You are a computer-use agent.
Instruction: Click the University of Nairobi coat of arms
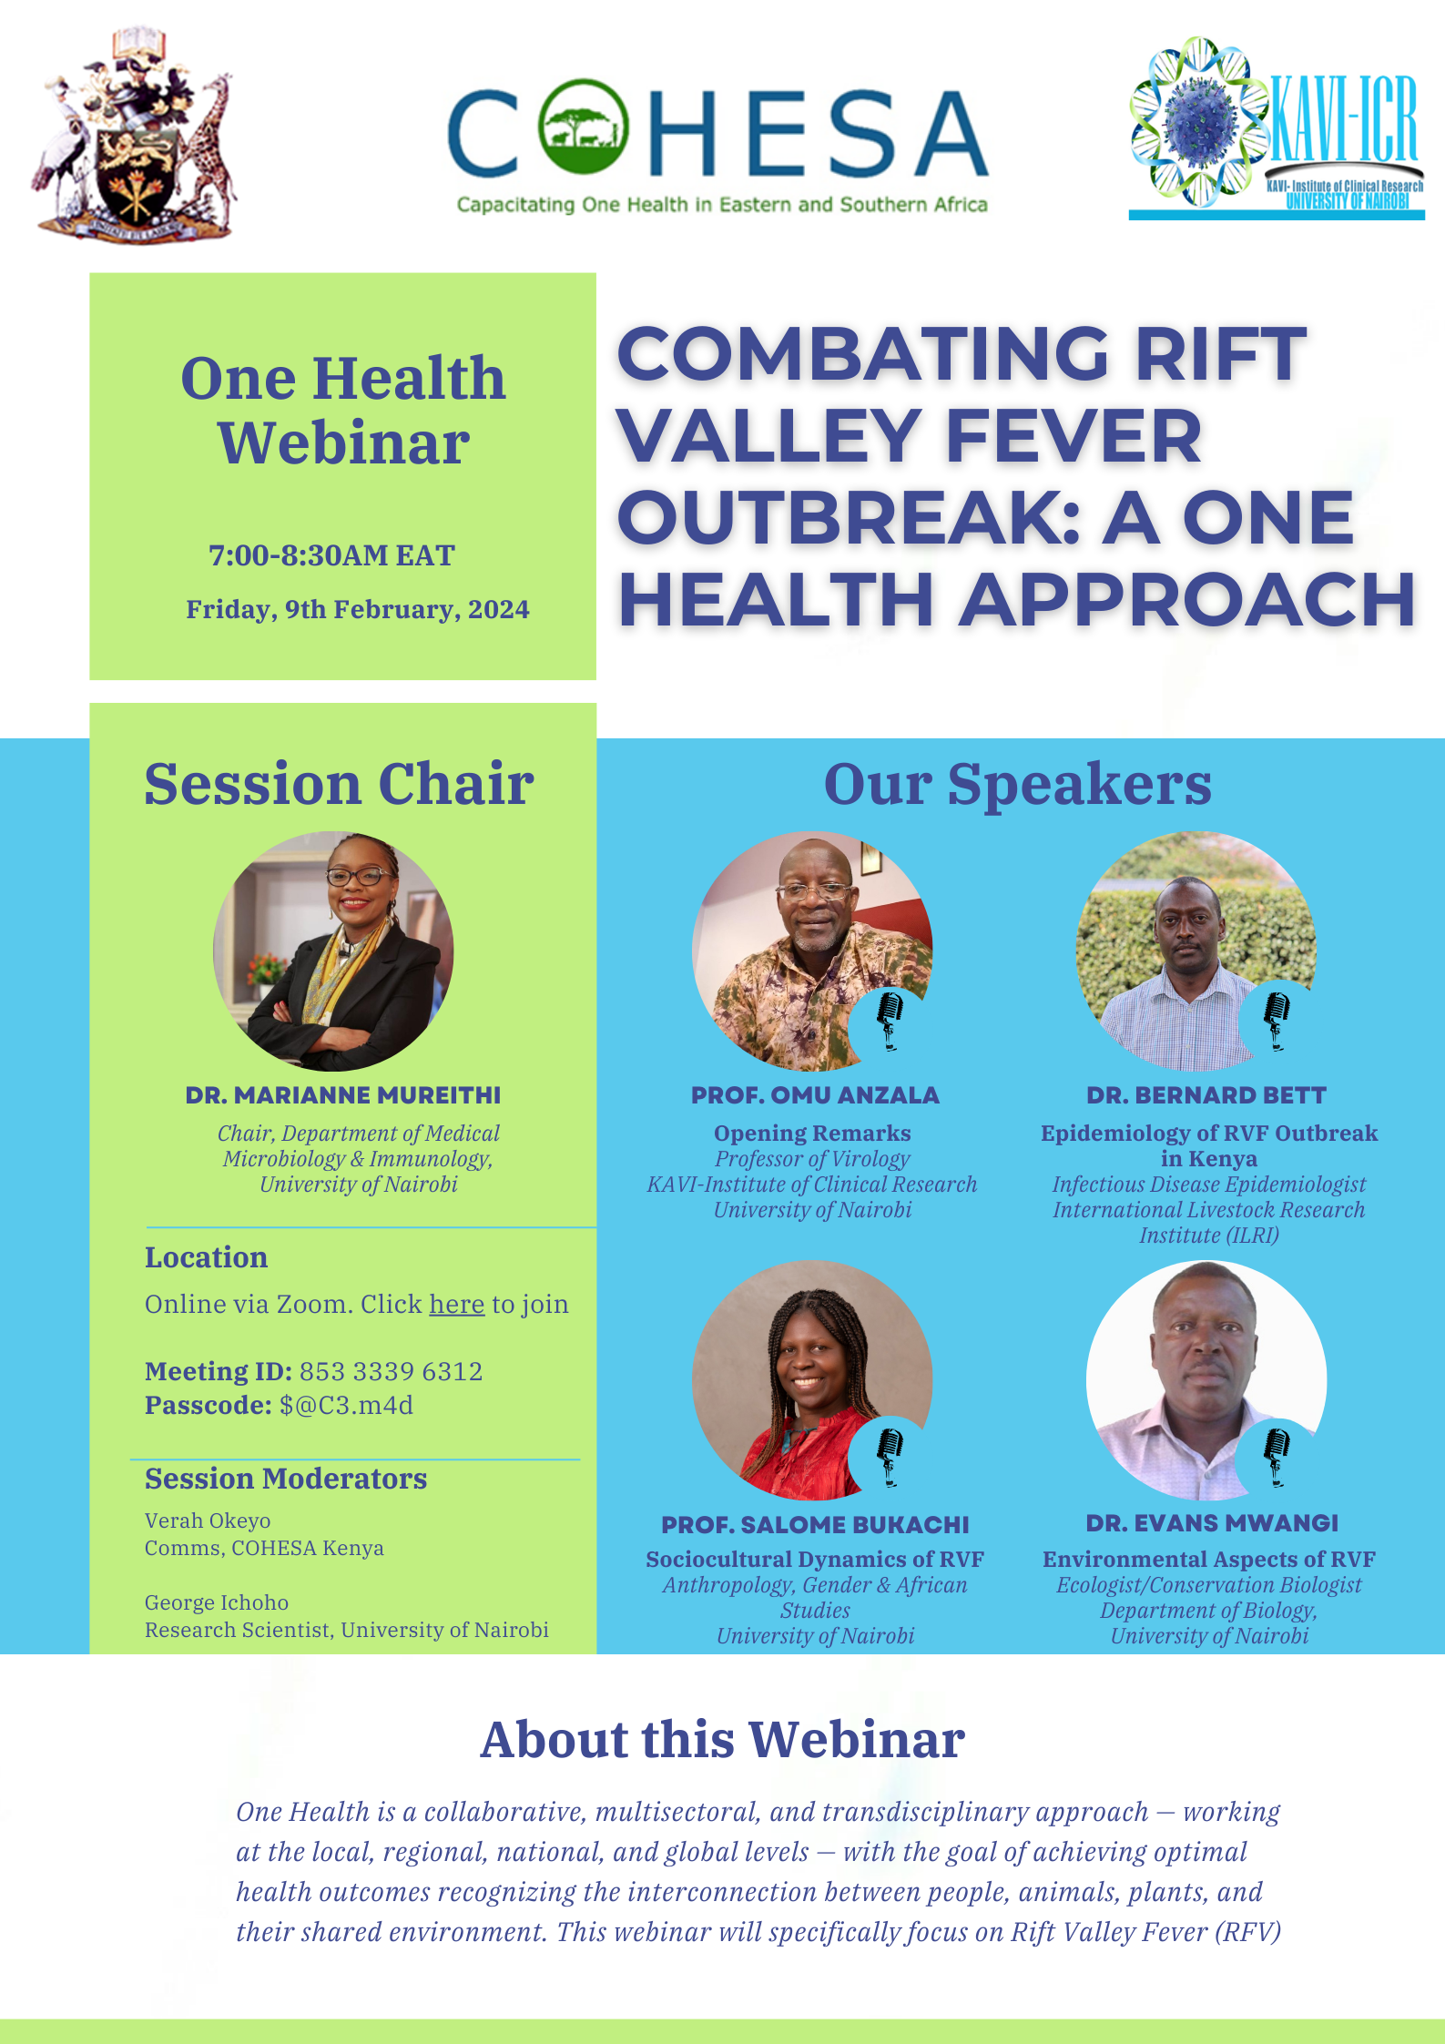[x=134, y=134]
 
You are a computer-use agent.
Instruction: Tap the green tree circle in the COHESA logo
[x=583, y=127]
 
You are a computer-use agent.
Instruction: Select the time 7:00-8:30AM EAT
[x=331, y=555]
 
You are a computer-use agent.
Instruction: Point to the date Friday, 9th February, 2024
[x=357, y=609]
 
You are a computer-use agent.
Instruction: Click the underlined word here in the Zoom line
[x=456, y=1304]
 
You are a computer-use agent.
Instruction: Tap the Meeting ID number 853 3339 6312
[x=391, y=1371]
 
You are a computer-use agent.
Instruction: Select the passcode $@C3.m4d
[x=346, y=1405]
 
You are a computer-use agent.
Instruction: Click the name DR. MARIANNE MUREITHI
[x=343, y=1095]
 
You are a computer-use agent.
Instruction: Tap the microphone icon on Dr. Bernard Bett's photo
[x=1277, y=1019]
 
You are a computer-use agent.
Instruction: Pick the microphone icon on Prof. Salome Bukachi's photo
[x=890, y=1455]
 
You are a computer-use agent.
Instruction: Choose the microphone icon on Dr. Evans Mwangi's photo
[x=1277, y=1455]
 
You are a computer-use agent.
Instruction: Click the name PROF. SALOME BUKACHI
[x=815, y=1524]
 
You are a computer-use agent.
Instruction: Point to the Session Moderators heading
[x=286, y=1479]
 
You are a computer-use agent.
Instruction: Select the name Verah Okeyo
[x=208, y=1520]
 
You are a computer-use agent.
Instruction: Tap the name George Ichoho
[x=217, y=1602]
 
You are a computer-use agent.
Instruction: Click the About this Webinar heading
[x=722, y=1740]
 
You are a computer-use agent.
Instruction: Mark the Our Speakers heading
[x=1017, y=784]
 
